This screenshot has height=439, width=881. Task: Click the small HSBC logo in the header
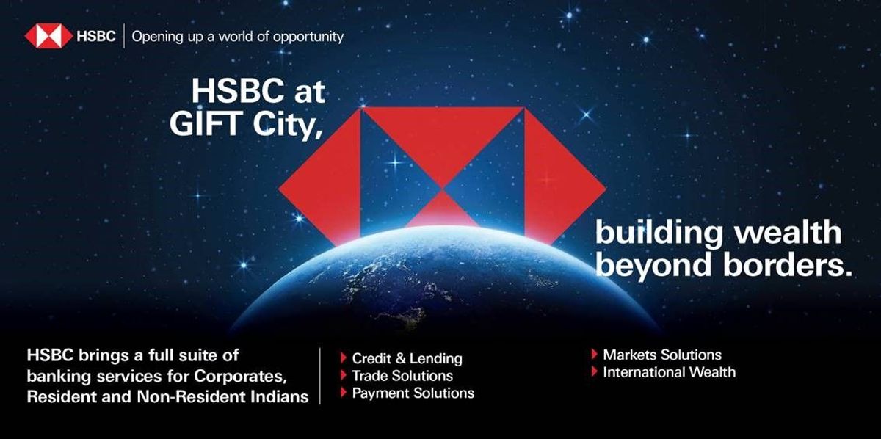48,36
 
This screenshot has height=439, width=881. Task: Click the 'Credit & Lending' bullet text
407,359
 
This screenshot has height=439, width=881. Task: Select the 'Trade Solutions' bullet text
402,376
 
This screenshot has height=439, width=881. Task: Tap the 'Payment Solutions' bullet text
413,393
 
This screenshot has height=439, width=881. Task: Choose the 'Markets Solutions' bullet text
662,355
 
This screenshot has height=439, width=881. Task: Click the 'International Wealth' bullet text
669,372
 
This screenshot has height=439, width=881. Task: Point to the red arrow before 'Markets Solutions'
594,355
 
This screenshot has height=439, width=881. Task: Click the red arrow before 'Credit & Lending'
343,359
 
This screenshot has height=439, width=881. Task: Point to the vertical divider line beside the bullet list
321,376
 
